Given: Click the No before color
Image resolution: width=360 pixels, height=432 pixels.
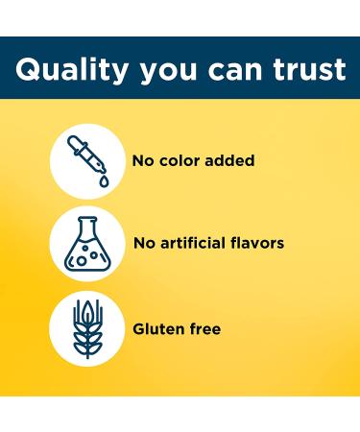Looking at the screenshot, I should point(143,160).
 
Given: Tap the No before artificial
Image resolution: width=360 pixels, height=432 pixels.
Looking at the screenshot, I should point(143,243).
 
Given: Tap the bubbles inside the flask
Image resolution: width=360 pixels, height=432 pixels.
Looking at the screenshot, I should point(89,253).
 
